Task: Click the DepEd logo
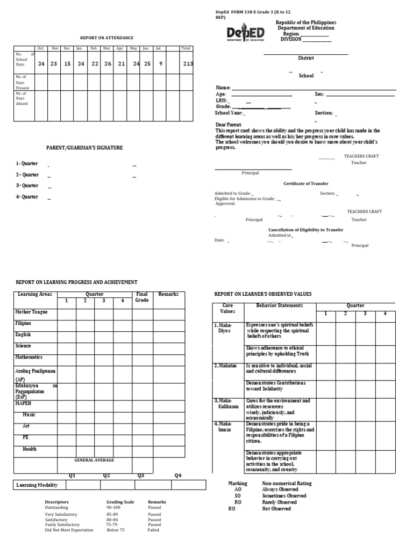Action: point(245,34)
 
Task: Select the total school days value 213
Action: point(187,63)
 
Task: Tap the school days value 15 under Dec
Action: point(67,63)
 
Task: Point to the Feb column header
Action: point(94,48)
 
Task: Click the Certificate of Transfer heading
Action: point(305,184)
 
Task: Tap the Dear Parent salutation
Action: point(229,125)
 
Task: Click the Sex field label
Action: point(319,94)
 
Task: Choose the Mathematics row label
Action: point(29,357)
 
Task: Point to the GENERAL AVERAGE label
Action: point(94,460)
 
